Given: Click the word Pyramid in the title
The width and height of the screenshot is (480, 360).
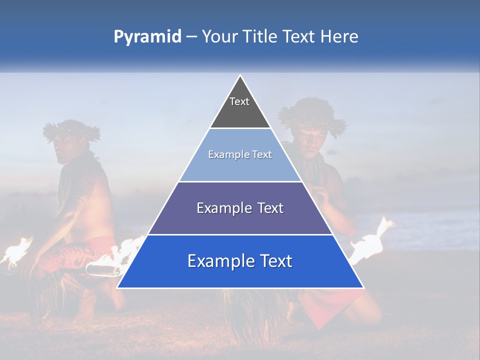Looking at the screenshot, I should (147, 37).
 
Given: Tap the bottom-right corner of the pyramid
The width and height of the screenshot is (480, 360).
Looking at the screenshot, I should (363, 287).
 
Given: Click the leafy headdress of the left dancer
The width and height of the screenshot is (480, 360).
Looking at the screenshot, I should (71, 130).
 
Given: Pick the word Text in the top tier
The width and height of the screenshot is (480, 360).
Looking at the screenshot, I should (239, 101).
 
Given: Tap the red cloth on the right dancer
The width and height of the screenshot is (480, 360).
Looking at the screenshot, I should (330, 305).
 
